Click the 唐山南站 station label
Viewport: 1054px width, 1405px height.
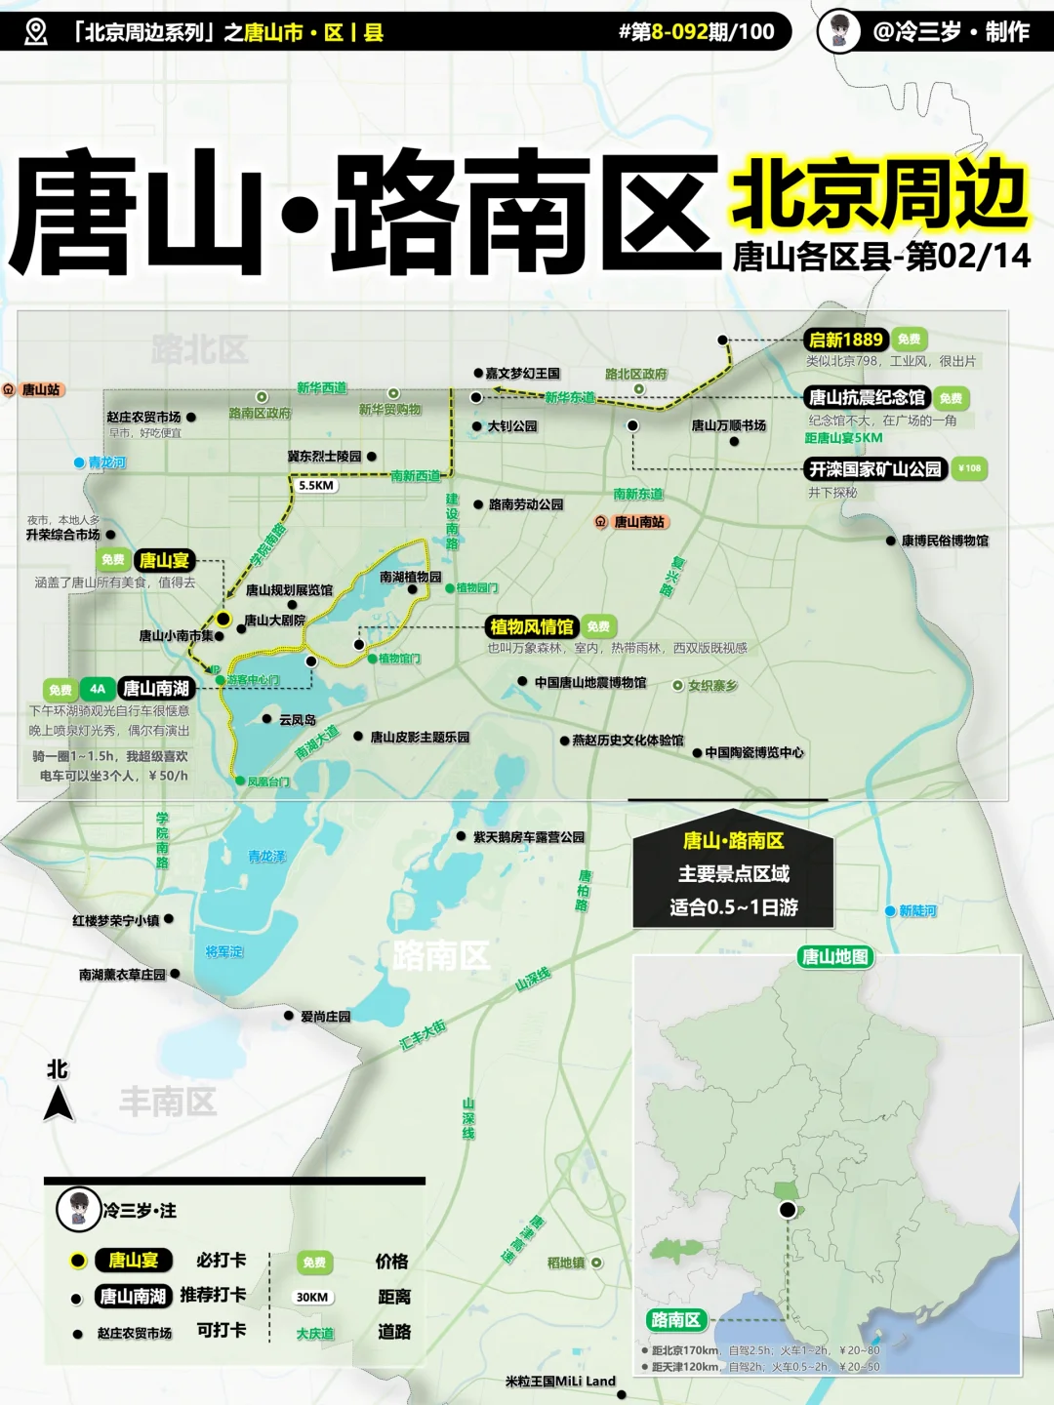[638, 522]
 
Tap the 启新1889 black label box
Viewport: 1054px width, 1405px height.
[846, 340]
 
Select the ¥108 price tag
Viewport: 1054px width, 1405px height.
[969, 468]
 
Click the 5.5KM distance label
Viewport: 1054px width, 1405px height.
[316, 485]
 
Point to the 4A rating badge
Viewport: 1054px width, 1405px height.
[97, 689]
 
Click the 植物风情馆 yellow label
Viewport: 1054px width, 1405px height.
[532, 626]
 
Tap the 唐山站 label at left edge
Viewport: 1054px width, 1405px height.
[40, 390]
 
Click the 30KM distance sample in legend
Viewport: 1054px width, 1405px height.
[312, 1297]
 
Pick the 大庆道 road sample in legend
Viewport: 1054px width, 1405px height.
[315, 1333]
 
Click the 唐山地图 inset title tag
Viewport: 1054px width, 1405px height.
[834, 956]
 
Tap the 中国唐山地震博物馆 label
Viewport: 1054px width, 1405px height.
[590, 683]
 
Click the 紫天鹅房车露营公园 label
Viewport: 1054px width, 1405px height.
[529, 837]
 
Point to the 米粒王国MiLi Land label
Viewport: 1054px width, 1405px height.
[560, 1382]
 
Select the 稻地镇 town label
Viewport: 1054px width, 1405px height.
[566, 1263]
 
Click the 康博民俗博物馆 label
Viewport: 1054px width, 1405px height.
[944, 541]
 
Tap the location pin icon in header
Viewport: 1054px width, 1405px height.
[36, 32]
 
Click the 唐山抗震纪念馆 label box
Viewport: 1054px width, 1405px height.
[867, 397]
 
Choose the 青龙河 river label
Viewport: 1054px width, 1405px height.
[106, 462]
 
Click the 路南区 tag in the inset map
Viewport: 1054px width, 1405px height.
[674, 1320]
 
